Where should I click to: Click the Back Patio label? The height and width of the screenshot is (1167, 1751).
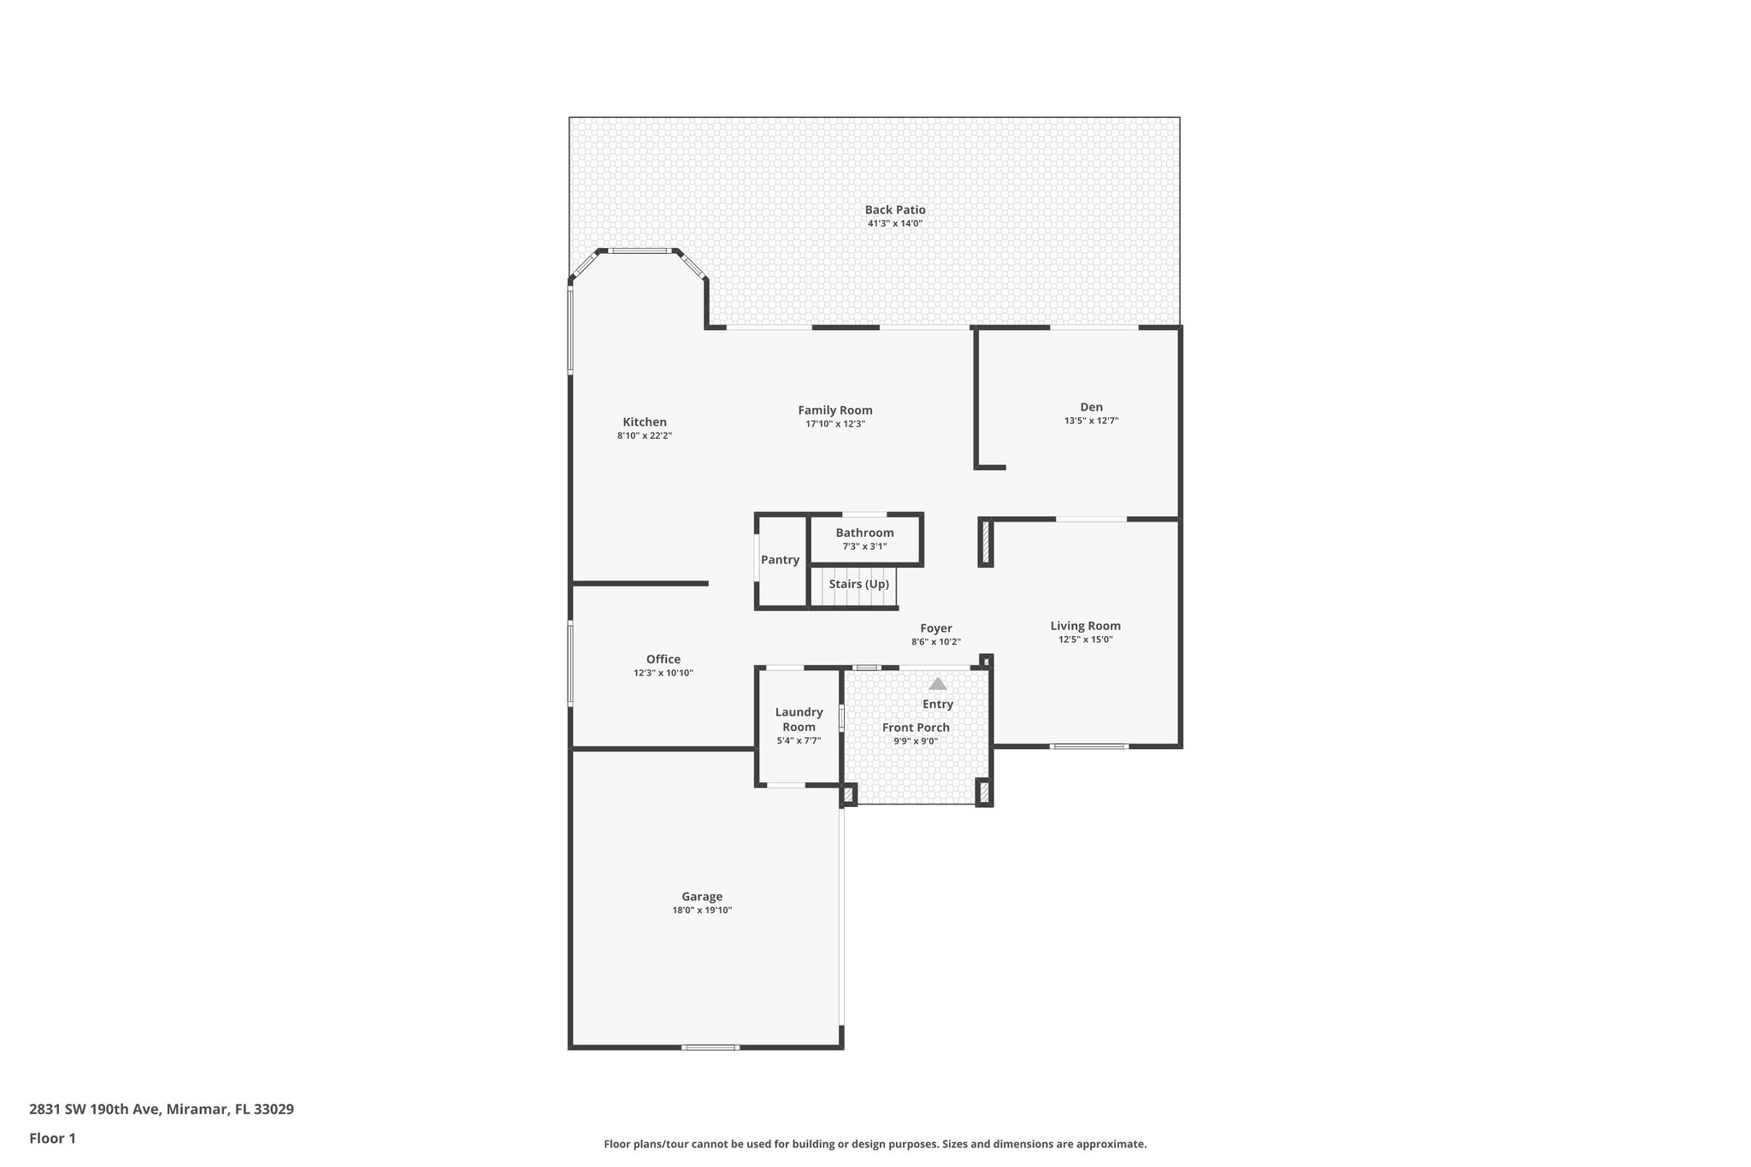(x=894, y=209)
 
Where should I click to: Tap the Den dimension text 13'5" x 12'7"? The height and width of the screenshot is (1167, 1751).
(x=1091, y=421)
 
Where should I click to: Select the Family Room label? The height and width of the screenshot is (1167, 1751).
(x=834, y=410)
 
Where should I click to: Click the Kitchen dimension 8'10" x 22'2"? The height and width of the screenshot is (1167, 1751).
(x=645, y=436)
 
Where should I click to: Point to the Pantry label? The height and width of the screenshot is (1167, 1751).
(x=780, y=560)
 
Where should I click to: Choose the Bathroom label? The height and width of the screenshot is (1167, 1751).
(x=864, y=533)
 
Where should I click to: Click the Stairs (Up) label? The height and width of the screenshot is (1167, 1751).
(x=858, y=584)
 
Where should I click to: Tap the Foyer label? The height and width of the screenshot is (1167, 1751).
(x=936, y=628)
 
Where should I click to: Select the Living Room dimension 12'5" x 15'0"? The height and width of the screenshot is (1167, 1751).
(x=1085, y=639)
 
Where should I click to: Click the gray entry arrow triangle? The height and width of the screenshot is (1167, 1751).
(x=938, y=684)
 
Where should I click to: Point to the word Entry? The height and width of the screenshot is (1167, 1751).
(x=938, y=704)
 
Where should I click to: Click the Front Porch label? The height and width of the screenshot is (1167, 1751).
(x=916, y=728)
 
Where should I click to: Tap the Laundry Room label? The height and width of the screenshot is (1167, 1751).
(x=799, y=719)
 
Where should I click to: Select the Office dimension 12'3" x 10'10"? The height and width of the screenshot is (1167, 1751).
(x=663, y=673)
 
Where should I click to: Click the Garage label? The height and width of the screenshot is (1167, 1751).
(x=701, y=897)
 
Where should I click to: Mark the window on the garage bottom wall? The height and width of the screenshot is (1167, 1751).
(x=710, y=1047)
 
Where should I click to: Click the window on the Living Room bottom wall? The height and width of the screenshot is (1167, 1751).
(x=1088, y=746)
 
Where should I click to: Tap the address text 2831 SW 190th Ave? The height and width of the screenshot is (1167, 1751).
(x=94, y=1110)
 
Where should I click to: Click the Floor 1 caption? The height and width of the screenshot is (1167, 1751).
(x=52, y=1139)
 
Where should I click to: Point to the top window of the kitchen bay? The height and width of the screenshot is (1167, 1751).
(x=639, y=250)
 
